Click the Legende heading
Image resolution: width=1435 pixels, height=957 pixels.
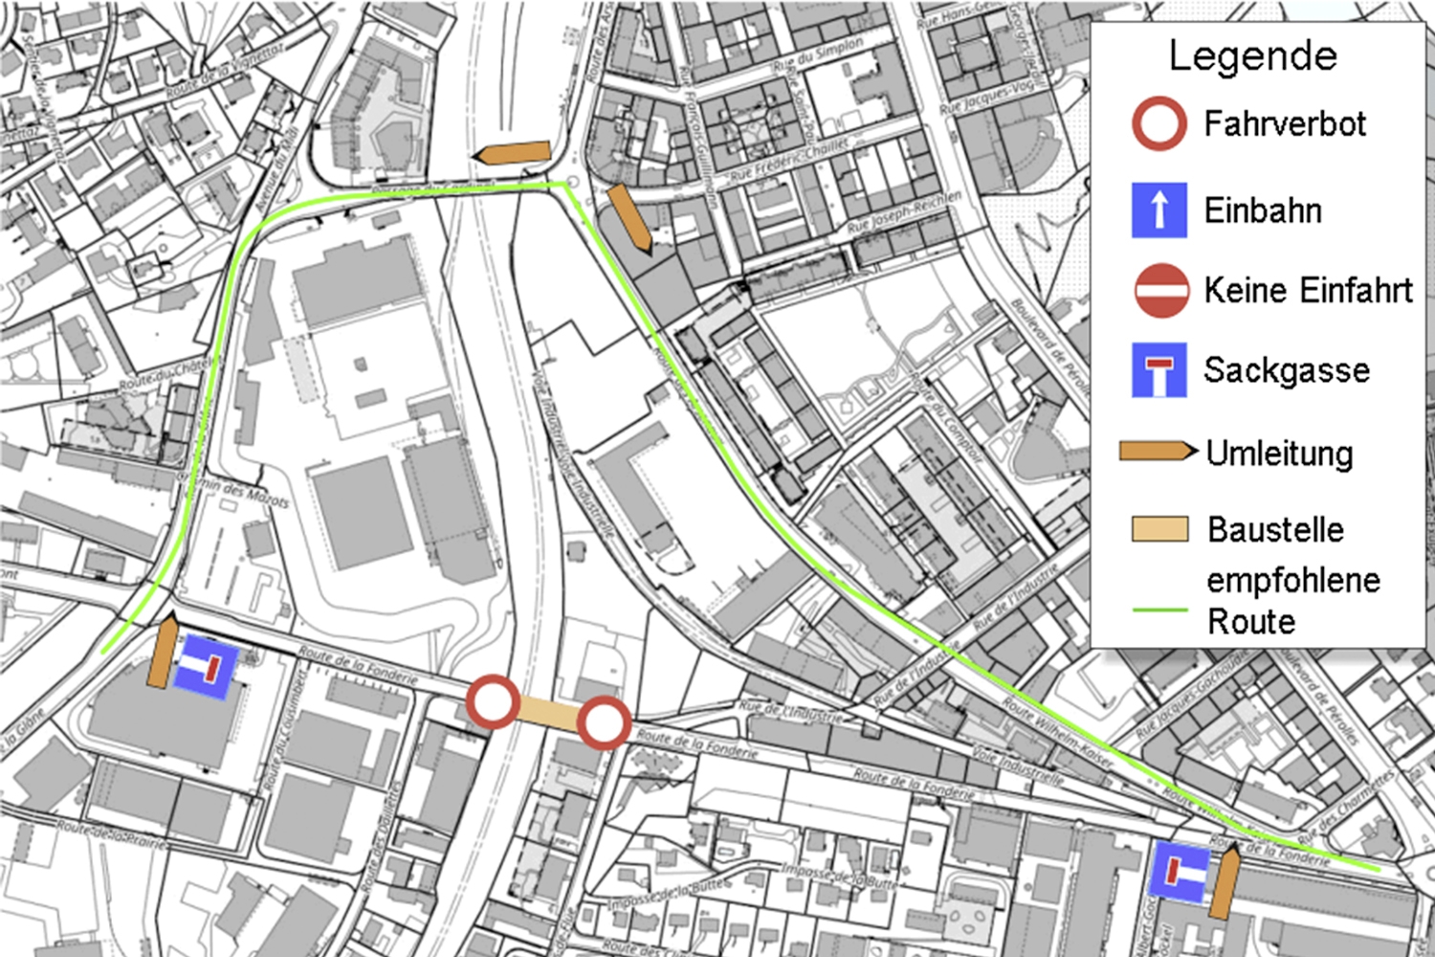coord(1252,56)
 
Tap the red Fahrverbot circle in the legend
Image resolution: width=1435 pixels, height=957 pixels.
coord(1159,123)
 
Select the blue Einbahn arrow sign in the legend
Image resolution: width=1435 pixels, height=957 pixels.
coord(1159,210)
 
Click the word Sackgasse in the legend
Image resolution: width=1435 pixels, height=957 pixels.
coord(1286,370)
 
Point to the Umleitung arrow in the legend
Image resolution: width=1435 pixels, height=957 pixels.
coord(1158,452)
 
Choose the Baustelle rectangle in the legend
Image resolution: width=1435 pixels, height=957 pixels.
coord(1159,529)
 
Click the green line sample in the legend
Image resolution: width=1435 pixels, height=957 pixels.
coord(1159,610)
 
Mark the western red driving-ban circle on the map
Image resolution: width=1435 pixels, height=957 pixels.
coord(494,701)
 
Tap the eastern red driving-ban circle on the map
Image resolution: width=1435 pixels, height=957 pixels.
coord(604,723)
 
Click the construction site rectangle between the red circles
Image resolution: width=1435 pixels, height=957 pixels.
coord(548,713)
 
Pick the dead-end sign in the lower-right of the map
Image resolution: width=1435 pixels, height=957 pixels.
coord(1178,871)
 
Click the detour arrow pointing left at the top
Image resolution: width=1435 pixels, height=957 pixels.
coord(513,153)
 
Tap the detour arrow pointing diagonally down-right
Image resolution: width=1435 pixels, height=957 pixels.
coord(629,218)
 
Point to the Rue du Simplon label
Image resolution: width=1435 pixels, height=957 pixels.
coord(819,56)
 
